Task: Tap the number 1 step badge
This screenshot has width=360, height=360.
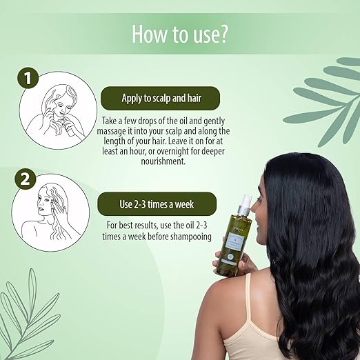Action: [27, 79]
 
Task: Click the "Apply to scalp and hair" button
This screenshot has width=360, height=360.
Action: [160, 96]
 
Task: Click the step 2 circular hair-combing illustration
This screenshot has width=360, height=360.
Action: [54, 212]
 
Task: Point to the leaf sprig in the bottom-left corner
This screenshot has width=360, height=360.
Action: [28, 317]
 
